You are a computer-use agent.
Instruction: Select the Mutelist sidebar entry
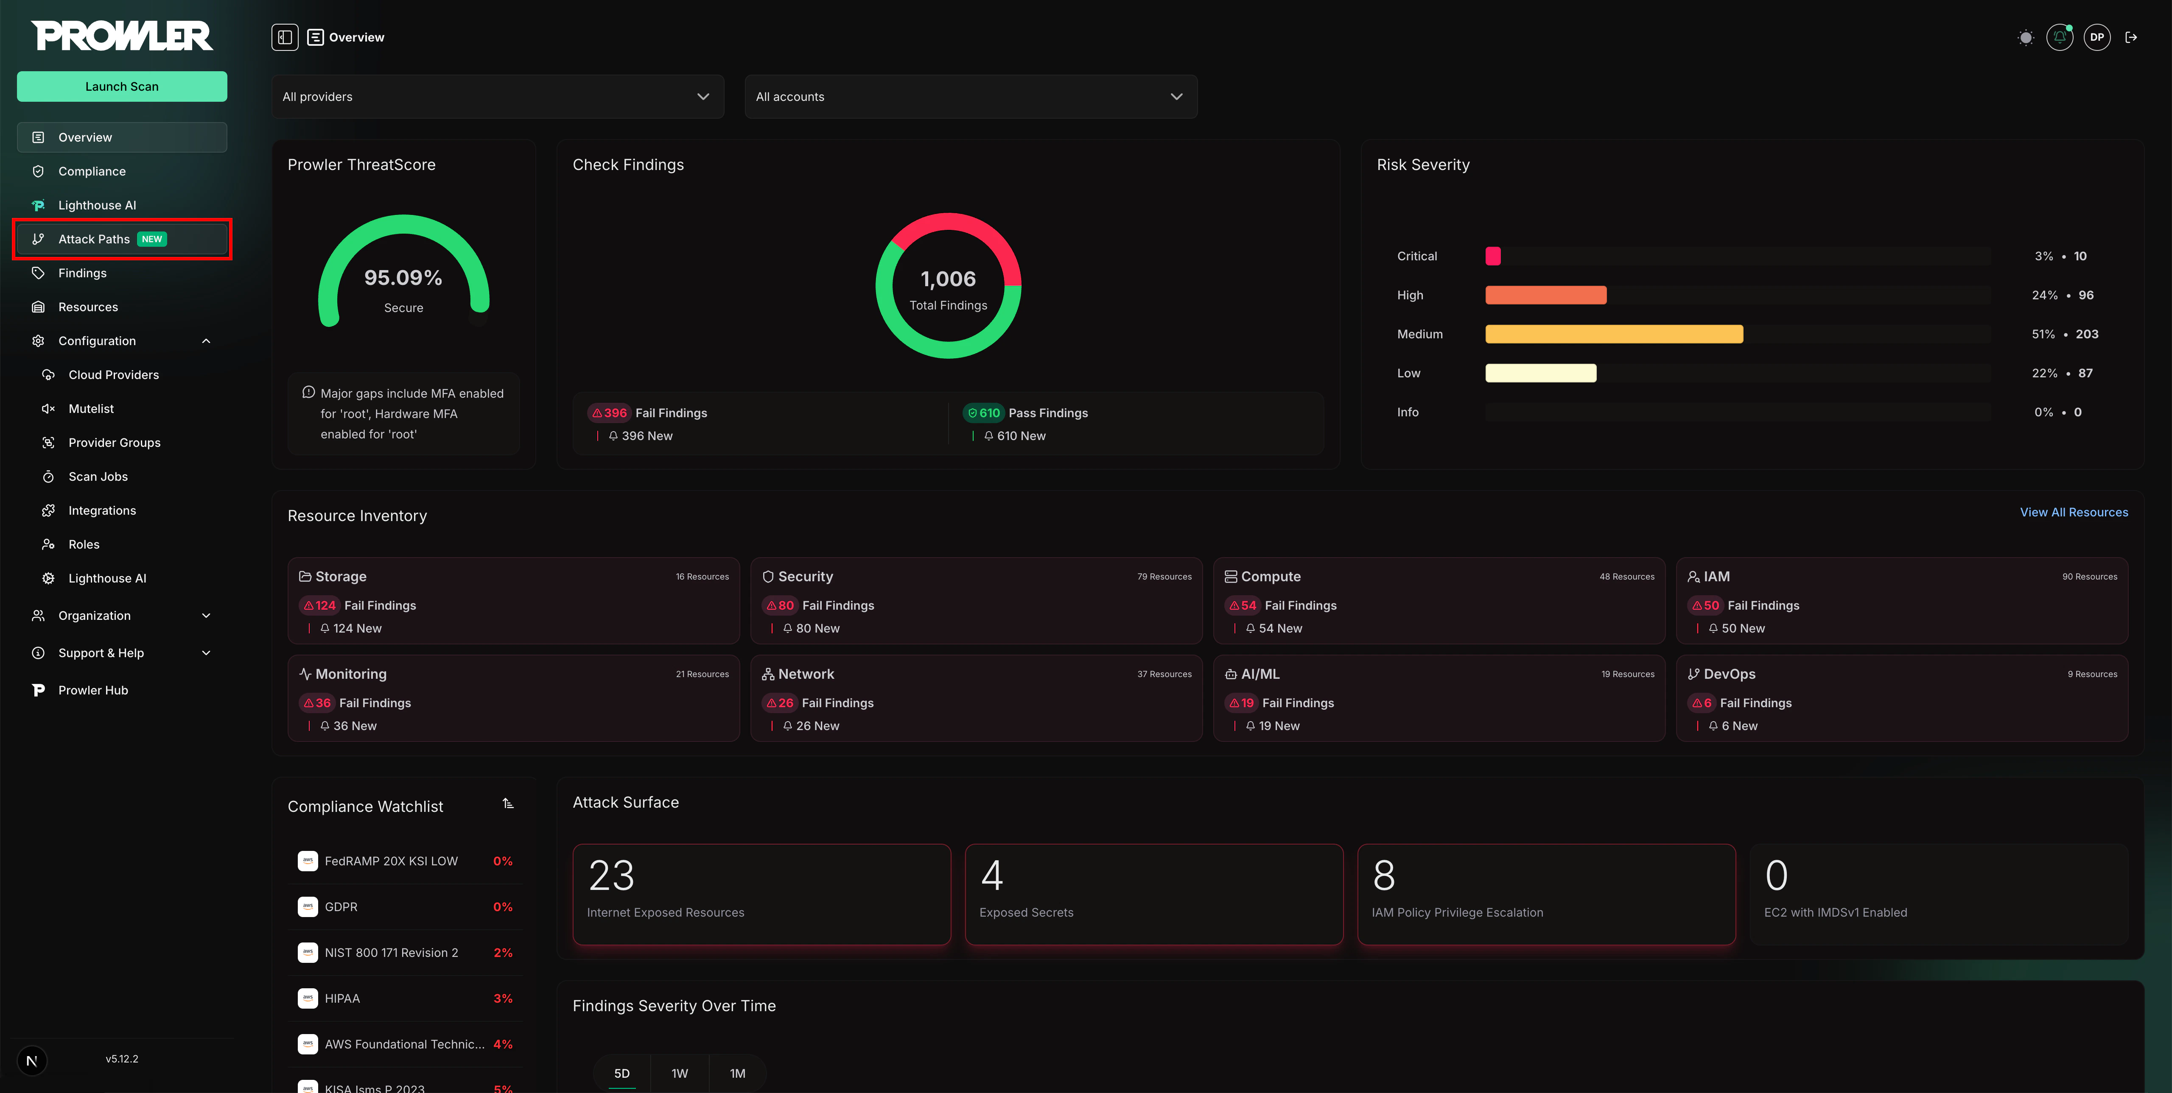coord(91,409)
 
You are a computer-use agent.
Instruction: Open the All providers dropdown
coord(497,97)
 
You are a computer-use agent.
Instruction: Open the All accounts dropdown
coord(970,97)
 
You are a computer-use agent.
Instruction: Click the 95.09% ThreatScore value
coord(403,278)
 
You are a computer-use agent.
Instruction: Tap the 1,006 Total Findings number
coord(948,279)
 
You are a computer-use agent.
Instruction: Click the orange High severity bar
coord(1545,295)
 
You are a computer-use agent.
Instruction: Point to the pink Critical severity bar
coord(1492,256)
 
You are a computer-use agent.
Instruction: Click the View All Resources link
coord(2073,512)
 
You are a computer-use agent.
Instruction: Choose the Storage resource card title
coord(341,577)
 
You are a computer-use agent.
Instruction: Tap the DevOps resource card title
coord(1730,674)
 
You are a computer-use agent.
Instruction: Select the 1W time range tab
coord(680,1073)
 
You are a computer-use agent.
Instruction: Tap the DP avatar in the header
coord(2096,37)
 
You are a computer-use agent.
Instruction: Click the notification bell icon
coord(2059,37)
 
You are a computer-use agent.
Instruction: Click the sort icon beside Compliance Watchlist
coord(508,804)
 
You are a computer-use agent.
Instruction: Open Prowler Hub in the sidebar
coord(93,690)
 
